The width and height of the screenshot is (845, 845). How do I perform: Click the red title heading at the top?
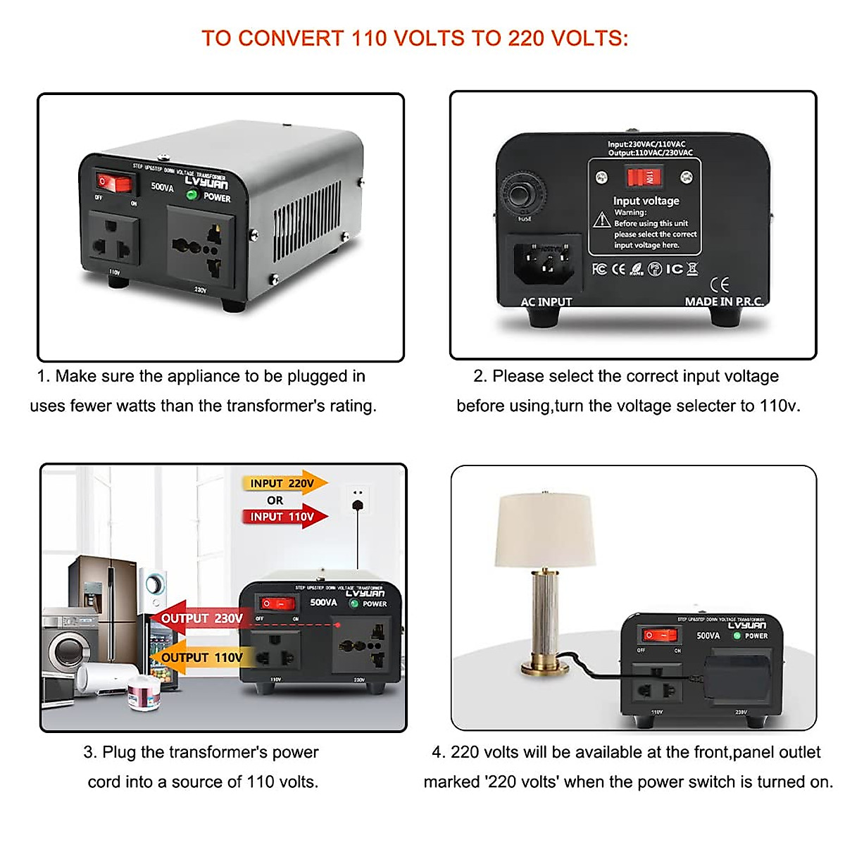coord(415,38)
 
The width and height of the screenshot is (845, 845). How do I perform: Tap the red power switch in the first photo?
coord(115,183)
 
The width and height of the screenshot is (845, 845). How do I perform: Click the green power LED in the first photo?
coord(191,195)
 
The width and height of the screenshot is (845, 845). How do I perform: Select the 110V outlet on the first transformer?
coord(113,241)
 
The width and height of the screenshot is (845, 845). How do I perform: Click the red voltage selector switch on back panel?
coord(644,177)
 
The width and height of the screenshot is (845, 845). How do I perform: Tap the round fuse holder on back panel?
coord(522,194)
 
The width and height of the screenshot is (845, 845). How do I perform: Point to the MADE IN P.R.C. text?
coord(723,301)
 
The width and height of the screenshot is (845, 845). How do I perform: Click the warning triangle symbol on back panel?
coord(601,220)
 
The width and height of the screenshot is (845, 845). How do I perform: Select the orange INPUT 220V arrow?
coord(286,484)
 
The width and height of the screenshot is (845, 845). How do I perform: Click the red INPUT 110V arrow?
coord(286,516)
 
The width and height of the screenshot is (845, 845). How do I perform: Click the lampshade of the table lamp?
coord(546,529)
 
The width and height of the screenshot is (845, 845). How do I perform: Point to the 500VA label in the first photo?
coord(162,187)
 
